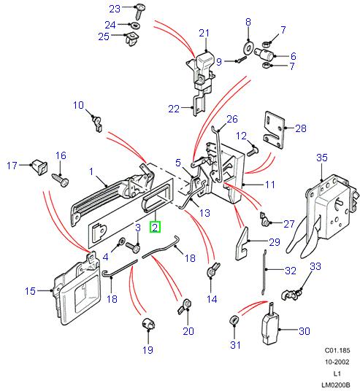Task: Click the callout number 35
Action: (323, 158)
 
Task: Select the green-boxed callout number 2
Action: (154, 227)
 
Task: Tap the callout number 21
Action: (204, 33)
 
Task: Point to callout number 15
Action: (30, 292)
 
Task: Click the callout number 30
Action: (305, 331)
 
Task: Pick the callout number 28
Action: (300, 128)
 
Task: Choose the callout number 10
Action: (78, 106)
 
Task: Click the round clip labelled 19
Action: (148, 324)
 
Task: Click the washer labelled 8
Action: (248, 48)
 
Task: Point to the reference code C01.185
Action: (338, 351)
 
